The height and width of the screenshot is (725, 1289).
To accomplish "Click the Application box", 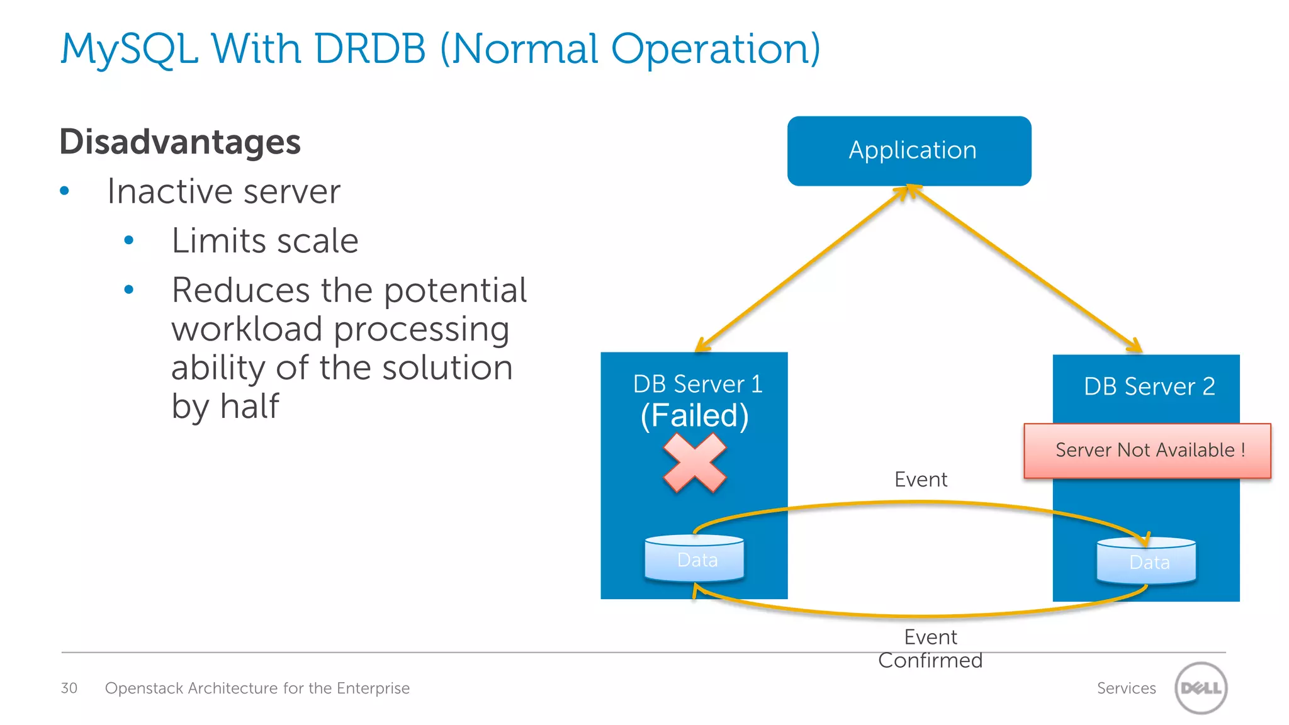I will [909, 151].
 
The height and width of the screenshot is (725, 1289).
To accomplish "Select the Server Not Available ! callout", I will [1147, 451].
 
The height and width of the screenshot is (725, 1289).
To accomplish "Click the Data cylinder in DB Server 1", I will [695, 559].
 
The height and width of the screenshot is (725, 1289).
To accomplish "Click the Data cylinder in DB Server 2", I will [1146, 561].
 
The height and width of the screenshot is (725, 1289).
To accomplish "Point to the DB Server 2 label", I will [1149, 386].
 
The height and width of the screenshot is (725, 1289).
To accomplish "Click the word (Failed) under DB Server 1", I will [694, 416].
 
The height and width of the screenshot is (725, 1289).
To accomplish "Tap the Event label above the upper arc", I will [920, 480].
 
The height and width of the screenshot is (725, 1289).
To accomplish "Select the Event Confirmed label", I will [930, 649].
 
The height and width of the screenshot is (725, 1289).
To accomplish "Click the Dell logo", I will [1200, 688].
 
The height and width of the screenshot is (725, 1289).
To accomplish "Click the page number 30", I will [69, 688].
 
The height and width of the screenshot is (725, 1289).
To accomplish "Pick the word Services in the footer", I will [1126, 688].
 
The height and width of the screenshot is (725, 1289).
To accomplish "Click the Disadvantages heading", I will [180, 142].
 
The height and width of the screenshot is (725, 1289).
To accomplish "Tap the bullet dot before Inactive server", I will [64, 191].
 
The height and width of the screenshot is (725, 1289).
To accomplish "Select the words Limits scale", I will [265, 241].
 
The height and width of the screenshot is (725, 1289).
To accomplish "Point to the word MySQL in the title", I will [129, 49].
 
